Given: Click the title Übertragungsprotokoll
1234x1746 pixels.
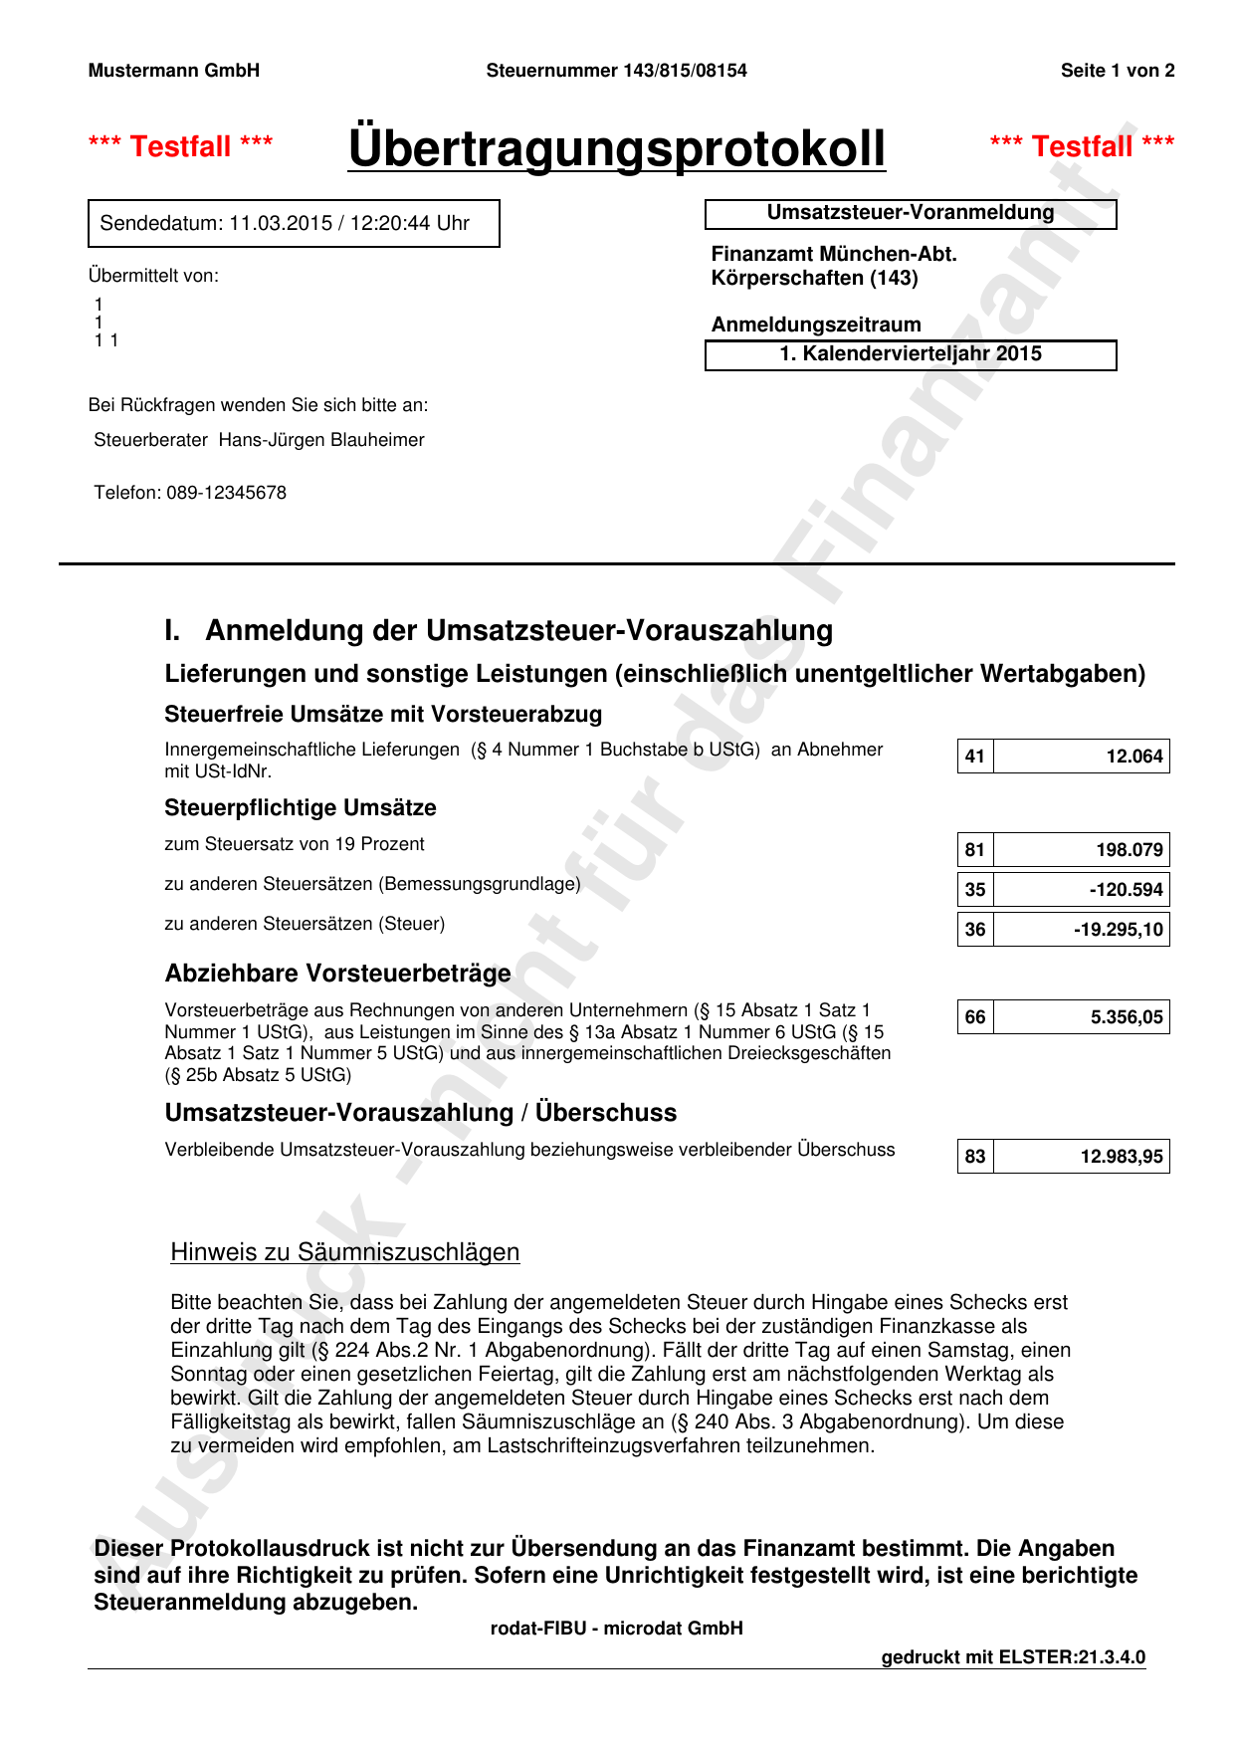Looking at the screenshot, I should tap(616, 148).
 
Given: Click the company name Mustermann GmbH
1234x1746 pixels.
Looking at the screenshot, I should tap(174, 71).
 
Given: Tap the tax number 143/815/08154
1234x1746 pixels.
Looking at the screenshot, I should tap(685, 71).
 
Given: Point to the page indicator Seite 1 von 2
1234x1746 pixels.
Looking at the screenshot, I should tap(1117, 71).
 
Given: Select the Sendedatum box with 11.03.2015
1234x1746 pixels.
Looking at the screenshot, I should tap(294, 223).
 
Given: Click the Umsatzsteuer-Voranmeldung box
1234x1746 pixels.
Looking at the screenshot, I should tap(910, 213).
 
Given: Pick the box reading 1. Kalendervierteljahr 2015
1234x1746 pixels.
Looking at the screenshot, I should tap(910, 354).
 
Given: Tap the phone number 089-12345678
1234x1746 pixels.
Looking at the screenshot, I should tap(226, 493).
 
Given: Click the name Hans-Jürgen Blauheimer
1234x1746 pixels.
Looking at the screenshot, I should tap(321, 440).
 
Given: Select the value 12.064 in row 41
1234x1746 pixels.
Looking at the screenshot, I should tap(1133, 757).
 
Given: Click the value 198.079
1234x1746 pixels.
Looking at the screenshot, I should tap(1129, 850).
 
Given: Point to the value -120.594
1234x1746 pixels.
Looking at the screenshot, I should tap(1126, 890).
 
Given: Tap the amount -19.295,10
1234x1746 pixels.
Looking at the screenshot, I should tap(1118, 930).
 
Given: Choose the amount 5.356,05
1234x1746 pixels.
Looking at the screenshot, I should tap(1126, 1017).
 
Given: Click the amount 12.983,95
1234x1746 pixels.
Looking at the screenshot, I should tap(1121, 1157).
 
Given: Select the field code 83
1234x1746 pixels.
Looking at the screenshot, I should tap(975, 1157).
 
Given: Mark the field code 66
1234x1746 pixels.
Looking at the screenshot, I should tap(975, 1017).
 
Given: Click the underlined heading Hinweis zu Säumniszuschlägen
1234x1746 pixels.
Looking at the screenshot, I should tap(345, 1252).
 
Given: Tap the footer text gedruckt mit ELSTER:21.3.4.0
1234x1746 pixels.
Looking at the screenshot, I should tap(1013, 1657).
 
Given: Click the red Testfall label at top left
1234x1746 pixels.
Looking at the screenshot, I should tap(181, 146).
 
